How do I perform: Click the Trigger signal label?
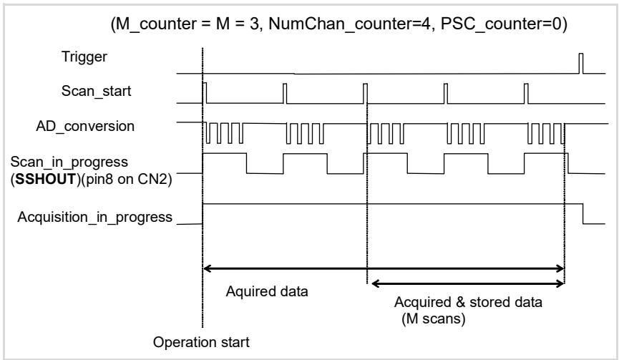[x=84, y=57]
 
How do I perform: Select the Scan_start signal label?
[x=96, y=91]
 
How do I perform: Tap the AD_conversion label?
[x=85, y=126]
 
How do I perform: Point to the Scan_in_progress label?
[x=69, y=162]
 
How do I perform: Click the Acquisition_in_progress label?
[x=94, y=217]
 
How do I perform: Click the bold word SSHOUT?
[x=45, y=179]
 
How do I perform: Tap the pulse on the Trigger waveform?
[x=580, y=63]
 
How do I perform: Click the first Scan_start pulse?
[x=205, y=93]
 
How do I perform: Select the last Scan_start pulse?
[x=526, y=94]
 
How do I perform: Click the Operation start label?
[x=201, y=342]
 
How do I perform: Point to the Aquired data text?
[x=267, y=291]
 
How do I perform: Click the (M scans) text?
[x=434, y=318]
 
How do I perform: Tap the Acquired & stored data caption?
[x=468, y=302]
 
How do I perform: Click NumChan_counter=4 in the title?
[x=350, y=24]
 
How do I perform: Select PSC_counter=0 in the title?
[x=501, y=24]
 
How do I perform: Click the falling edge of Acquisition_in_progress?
[x=583, y=214]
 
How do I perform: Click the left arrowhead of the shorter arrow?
[x=376, y=283]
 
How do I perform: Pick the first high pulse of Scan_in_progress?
[x=225, y=154]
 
